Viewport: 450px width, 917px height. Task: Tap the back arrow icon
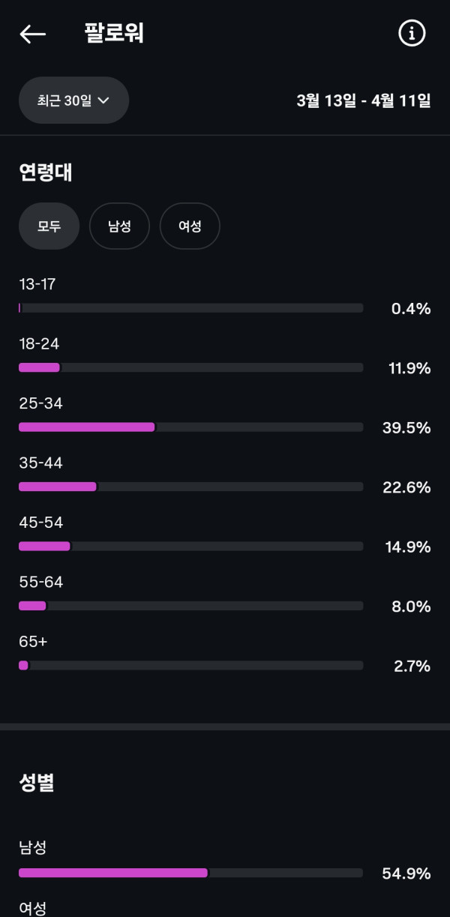click(x=33, y=34)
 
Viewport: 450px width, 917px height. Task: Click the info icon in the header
click(x=411, y=34)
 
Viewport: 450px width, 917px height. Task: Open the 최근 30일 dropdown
click(x=73, y=100)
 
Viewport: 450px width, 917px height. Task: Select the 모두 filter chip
click(x=49, y=226)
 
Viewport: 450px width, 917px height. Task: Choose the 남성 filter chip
click(x=119, y=226)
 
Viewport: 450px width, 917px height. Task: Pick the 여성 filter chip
click(x=190, y=226)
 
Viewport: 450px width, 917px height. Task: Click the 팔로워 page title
click(x=114, y=34)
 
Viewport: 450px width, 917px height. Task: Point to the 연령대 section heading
click(x=46, y=172)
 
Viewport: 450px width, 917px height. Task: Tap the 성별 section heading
click(x=37, y=783)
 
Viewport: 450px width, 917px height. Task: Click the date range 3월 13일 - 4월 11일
click(x=364, y=100)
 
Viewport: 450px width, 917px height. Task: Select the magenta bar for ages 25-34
click(x=87, y=427)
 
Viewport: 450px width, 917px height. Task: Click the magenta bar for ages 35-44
click(x=58, y=487)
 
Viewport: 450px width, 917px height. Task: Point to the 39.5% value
click(x=406, y=427)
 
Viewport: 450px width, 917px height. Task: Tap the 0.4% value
click(x=411, y=308)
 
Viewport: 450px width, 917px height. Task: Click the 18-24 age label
click(x=39, y=344)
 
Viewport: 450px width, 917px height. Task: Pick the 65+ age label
click(x=33, y=642)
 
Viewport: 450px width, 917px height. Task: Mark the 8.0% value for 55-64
click(x=411, y=607)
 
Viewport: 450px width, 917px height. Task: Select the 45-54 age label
click(x=40, y=523)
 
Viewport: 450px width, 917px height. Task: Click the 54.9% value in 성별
click(x=406, y=874)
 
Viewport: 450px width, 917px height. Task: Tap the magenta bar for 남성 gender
click(x=113, y=873)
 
